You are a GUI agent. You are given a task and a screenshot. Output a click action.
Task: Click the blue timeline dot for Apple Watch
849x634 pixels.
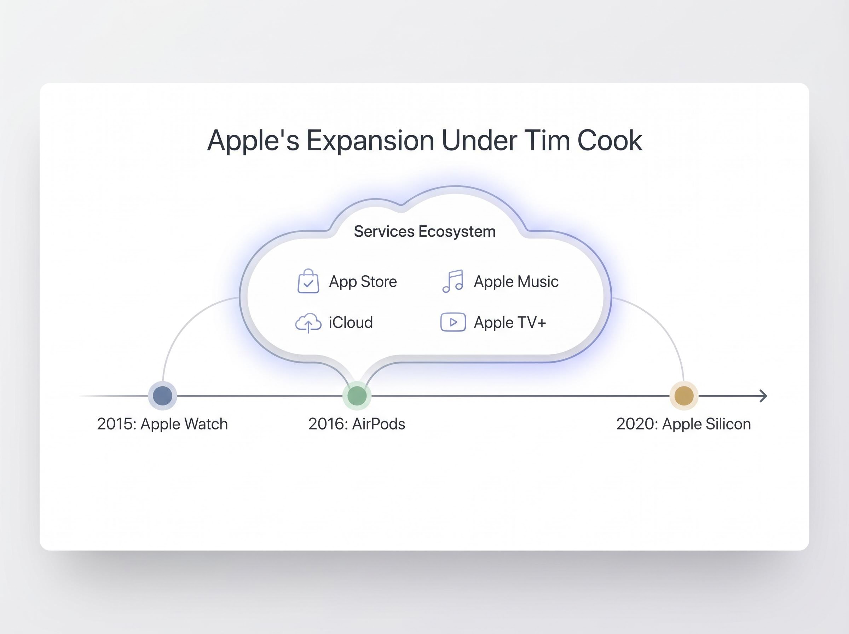[x=162, y=396]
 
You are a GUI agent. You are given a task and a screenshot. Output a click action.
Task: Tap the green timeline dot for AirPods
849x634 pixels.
[x=357, y=396]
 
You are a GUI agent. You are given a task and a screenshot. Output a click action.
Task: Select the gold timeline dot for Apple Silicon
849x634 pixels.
[x=684, y=396]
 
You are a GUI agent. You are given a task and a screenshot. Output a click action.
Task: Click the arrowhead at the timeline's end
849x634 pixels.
[x=763, y=396]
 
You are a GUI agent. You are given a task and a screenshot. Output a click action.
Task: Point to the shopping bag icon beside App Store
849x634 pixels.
[x=308, y=282]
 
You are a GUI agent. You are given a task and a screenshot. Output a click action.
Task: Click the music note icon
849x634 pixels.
[x=453, y=281]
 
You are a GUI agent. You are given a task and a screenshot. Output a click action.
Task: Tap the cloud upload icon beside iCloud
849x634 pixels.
[x=308, y=323]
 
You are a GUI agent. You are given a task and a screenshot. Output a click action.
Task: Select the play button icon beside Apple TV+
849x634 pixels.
[x=453, y=322]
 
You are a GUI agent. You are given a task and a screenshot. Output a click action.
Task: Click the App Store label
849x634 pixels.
[x=363, y=282]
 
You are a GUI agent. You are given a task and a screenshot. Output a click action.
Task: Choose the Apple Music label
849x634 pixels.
[x=516, y=282]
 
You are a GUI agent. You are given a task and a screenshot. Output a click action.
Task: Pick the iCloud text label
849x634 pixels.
[x=351, y=322]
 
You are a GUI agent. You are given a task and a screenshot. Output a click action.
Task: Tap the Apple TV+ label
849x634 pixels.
[x=510, y=322]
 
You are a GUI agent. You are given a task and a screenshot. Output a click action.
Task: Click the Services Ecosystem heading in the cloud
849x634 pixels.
[x=425, y=231]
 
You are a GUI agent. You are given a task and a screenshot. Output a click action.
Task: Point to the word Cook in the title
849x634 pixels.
[x=609, y=140]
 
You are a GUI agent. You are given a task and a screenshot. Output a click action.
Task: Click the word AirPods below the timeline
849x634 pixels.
[x=378, y=424]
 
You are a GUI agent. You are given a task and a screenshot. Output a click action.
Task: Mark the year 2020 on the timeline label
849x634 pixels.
[x=634, y=424]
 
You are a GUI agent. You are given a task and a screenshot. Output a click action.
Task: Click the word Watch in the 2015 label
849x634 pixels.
[x=206, y=424]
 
